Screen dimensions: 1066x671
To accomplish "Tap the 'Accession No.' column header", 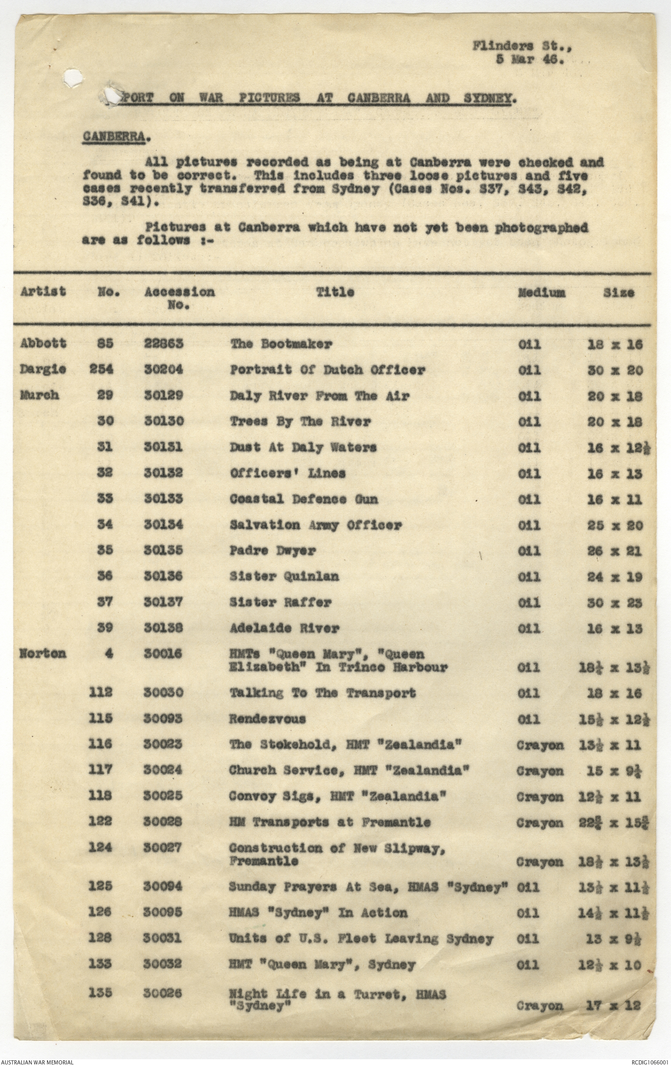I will (179, 297).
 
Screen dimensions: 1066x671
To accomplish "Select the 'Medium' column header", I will (541, 292).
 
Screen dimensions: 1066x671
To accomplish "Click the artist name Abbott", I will (43, 343).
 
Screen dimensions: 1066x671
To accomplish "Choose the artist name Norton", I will (43, 653).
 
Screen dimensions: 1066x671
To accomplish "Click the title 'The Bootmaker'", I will (281, 344).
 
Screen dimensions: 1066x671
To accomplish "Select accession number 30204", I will (163, 370).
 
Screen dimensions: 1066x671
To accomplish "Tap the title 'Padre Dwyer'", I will (272, 550).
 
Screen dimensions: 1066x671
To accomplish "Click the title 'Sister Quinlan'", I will (284, 576).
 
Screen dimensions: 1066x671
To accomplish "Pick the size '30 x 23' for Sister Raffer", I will (615, 603).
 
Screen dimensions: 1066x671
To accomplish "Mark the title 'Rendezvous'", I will (267, 719).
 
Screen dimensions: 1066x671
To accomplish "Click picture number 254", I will (105, 369).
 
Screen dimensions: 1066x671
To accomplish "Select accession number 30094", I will (163, 887).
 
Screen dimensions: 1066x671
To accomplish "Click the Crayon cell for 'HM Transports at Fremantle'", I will (540, 822).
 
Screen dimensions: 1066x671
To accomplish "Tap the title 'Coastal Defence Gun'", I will (303, 499).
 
